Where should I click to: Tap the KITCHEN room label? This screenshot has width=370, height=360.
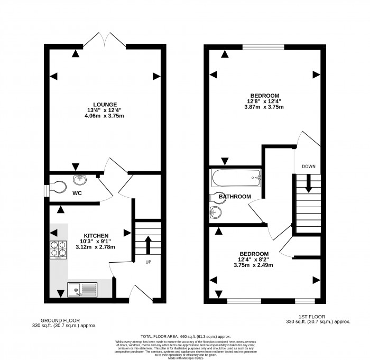pos(96,235)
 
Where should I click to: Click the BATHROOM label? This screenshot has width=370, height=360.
pos(235,197)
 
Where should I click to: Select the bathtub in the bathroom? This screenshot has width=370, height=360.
pos(236,178)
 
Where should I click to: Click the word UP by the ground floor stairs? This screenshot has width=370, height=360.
pos(149,262)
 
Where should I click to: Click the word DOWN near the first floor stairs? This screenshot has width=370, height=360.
pos(308,167)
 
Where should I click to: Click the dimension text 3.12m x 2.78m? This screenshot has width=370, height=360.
pos(96,247)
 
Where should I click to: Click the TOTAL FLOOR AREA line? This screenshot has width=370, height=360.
pos(185,336)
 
